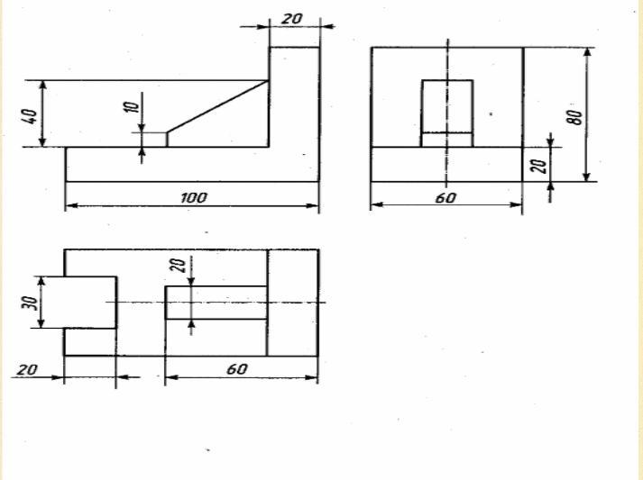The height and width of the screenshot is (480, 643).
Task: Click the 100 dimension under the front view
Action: click(194, 197)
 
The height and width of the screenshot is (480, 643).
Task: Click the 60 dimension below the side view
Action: click(446, 197)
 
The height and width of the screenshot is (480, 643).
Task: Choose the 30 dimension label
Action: click(29, 303)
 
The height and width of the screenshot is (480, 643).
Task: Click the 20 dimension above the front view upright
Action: click(292, 18)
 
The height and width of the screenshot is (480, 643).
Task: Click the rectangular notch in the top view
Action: click(89, 303)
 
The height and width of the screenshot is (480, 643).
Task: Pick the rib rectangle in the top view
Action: click(216, 303)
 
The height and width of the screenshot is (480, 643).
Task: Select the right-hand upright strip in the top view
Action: click(292, 303)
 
